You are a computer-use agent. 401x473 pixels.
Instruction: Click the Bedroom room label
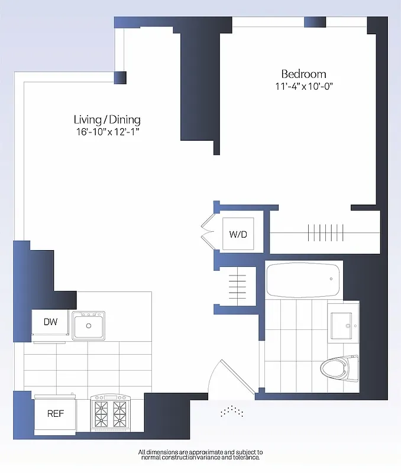point(303,74)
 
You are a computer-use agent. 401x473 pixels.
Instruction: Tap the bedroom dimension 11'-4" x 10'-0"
point(304,87)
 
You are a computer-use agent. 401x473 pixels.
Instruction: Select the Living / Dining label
point(107,119)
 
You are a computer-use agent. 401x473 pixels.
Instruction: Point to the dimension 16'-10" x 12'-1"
point(107,131)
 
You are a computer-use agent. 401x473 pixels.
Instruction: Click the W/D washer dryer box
point(238,234)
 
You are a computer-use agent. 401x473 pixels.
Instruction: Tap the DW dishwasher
point(50,322)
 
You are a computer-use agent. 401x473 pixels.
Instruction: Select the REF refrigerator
point(56,413)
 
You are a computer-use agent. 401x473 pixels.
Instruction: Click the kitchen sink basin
point(89,325)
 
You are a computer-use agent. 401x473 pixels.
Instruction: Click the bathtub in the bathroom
point(303,281)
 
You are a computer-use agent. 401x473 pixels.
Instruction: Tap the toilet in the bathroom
point(339,368)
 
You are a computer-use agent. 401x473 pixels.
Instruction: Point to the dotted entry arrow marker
point(232,412)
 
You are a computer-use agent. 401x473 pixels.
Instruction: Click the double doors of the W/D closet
point(207,234)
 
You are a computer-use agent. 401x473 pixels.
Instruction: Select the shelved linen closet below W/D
point(237,286)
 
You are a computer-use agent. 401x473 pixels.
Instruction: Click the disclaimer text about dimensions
point(200,455)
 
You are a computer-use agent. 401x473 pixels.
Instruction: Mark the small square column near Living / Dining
point(120,77)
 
